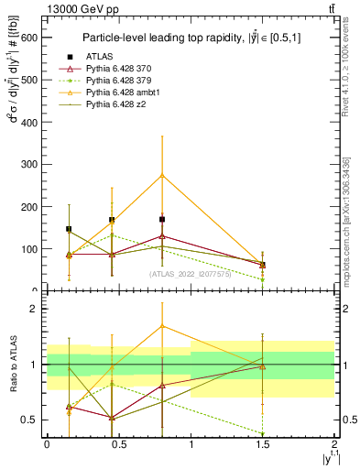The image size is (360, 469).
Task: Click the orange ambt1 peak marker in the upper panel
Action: click(162, 175)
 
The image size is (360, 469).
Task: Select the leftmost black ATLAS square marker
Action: click(69, 229)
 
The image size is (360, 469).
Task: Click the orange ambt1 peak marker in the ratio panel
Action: click(162, 325)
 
